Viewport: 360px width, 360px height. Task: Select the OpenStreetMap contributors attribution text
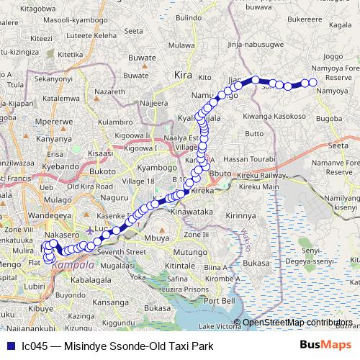click(x=297, y=323)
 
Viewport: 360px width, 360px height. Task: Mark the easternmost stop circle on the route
click(x=313, y=83)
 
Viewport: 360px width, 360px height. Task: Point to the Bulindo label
click(x=189, y=17)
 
